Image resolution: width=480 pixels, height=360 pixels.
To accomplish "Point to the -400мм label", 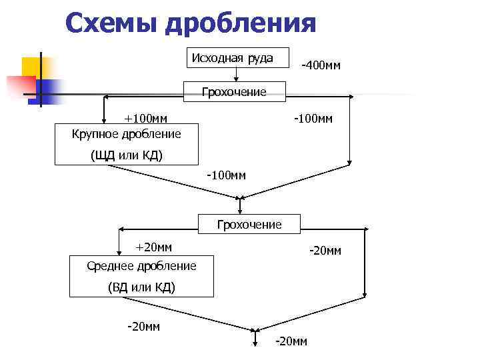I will coord(321,65).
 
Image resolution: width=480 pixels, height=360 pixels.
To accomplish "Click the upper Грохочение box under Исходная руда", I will coord(234,92).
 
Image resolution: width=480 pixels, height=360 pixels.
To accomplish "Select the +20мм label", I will coord(153,247).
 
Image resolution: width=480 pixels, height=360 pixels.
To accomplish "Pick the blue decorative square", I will coord(49,90).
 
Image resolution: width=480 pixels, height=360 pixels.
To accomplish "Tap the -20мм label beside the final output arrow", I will coord(291,341).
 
